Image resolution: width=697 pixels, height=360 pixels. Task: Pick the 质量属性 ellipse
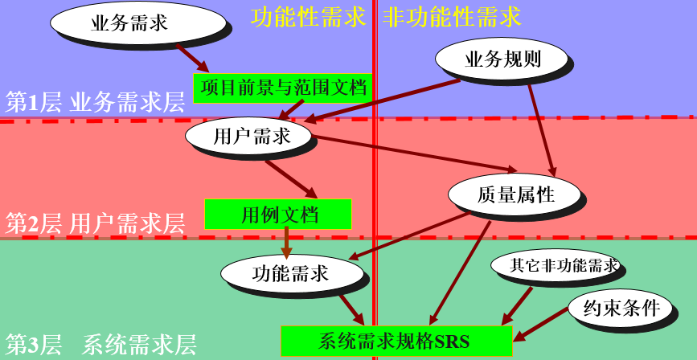[x=515, y=194]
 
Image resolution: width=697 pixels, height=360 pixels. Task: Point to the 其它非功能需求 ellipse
[x=555, y=265]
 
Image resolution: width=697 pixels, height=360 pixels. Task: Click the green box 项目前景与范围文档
[x=283, y=88]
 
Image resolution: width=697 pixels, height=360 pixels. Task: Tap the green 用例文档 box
[x=278, y=214]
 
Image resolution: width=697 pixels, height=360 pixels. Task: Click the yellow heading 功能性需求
[x=308, y=18]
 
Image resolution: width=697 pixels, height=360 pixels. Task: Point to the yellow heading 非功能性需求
[x=453, y=18]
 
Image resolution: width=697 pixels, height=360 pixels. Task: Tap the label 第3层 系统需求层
[x=100, y=345]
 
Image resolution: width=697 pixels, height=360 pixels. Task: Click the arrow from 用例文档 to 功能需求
[x=287, y=242]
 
